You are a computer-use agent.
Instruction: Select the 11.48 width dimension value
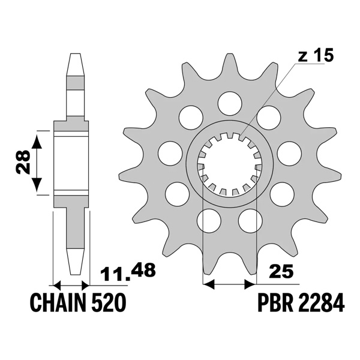[x=128, y=273]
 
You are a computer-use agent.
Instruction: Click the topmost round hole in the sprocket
[x=229, y=103]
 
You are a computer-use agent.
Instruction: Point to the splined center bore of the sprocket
[x=229, y=164]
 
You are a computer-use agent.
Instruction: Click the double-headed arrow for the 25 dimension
[x=229, y=281]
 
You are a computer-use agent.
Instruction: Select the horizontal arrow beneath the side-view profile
[x=71, y=284]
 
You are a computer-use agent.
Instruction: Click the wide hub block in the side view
[x=72, y=162]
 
